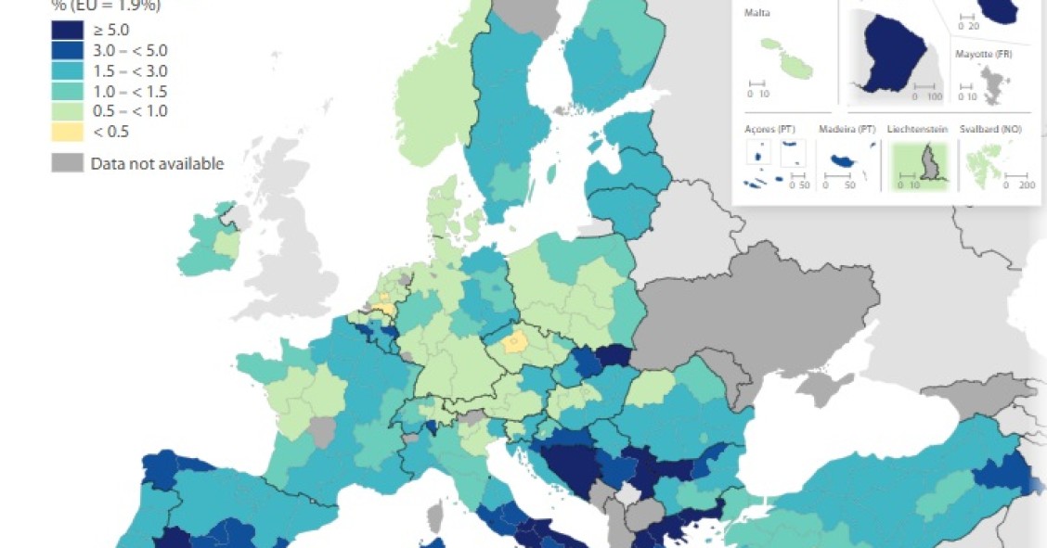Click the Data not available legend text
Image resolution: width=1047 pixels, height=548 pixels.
pyautogui.click(x=157, y=164)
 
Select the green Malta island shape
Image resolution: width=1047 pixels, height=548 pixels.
pyautogui.click(x=788, y=58)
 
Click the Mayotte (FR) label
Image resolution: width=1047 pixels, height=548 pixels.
pyautogui.click(x=985, y=55)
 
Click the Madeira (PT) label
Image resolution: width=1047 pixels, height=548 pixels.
pyautogui.click(x=847, y=129)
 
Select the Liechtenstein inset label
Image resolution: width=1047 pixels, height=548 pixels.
pyautogui.click(x=917, y=129)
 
